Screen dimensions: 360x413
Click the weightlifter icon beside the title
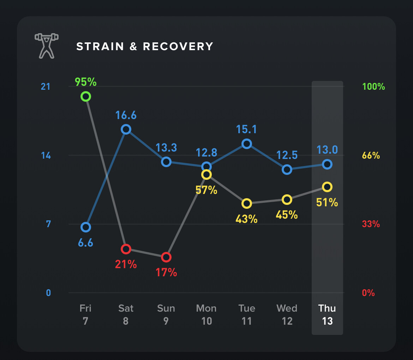pos(46,46)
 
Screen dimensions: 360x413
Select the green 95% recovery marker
pos(85,96)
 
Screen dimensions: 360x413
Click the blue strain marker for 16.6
pos(126,130)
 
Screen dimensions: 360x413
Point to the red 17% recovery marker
pos(166,257)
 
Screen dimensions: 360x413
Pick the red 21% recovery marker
pos(126,249)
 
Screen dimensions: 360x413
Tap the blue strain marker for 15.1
pos(247,144)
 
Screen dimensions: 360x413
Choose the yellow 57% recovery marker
pos(206,175)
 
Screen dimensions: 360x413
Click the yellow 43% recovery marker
pos(247,203)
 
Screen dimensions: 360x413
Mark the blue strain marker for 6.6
pos(85,227)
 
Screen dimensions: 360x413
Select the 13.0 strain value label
pos(327,150)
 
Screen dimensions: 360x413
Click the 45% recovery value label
pos(287,214)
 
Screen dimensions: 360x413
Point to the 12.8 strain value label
pos(206,152)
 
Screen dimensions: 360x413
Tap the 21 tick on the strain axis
pos(46,87)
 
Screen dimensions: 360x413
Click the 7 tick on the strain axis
pos(48,224)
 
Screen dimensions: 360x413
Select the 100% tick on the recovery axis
pos(373,87)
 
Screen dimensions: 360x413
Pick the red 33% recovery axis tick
pos(371,224)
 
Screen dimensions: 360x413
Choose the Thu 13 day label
pos(327,314)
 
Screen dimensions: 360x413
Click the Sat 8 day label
pos(126,314)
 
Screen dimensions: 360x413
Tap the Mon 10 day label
pos(206,314)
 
